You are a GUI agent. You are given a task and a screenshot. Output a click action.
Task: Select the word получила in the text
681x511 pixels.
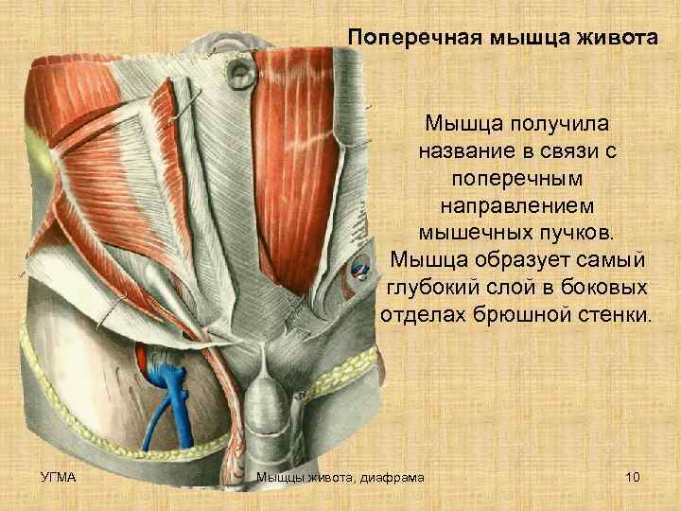coord(557,124)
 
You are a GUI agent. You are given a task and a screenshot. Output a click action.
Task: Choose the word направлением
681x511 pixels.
coord(516,204)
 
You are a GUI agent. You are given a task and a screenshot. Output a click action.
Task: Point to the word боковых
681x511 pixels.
coord(602,287)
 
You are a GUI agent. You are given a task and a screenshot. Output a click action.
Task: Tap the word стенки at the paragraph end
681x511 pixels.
coord(620,313)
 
